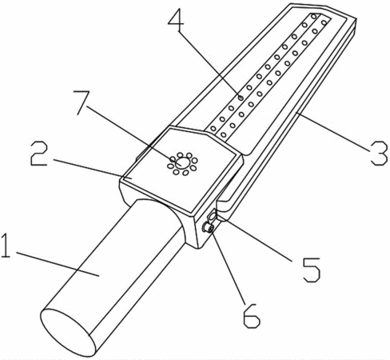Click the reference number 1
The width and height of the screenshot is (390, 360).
6,246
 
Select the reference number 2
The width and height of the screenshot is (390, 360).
38,153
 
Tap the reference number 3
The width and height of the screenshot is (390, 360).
378,153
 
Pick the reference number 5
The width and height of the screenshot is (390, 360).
311,270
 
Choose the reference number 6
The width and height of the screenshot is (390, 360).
251,315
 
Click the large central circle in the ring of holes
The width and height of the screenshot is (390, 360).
183,162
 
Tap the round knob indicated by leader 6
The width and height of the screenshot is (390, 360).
208,227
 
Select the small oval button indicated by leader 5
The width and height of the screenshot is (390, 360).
213,216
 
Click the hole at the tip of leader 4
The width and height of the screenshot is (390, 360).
241,98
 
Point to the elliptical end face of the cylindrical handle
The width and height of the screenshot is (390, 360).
68,332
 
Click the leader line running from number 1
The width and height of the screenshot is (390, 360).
58,264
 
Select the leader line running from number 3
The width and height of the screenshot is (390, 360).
334,131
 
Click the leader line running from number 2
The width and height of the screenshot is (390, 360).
92,169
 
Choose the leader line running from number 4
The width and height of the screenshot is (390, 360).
210,65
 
